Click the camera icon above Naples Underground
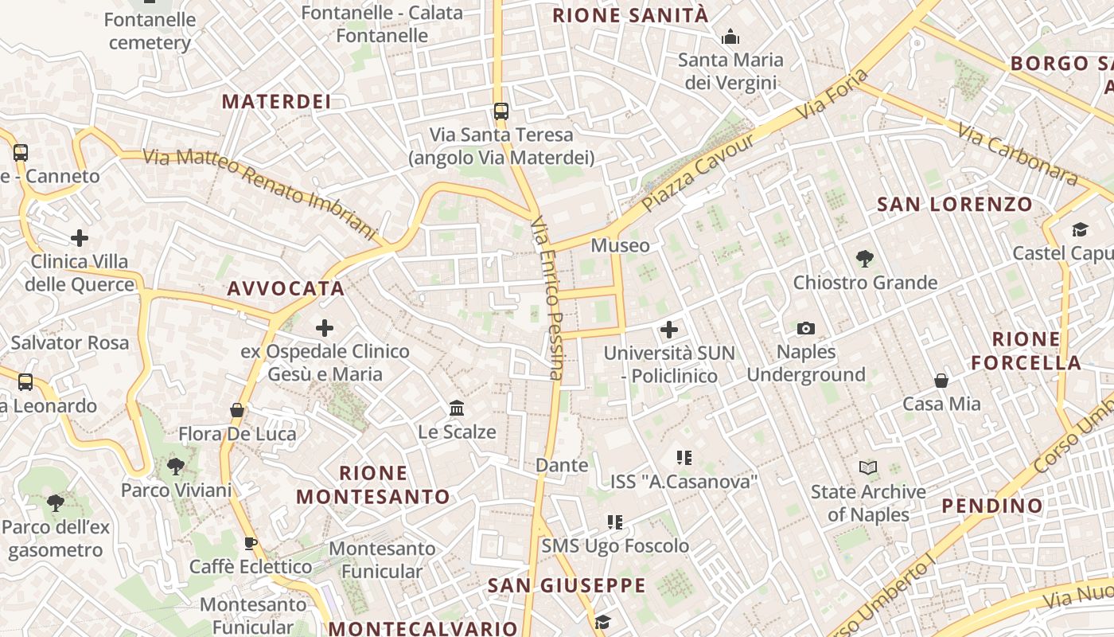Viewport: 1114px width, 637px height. (805, 328)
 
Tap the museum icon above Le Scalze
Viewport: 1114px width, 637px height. (457, 408)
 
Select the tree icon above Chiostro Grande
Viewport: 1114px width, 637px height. (865, 259)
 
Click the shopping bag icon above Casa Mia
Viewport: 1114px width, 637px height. (941, 381)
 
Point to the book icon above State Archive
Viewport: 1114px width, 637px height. (868, 468)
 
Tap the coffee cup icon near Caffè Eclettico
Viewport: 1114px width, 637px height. (250, 544)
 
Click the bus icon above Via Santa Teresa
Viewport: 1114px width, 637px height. (501, 111)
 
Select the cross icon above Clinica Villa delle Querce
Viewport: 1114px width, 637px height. (80, 237)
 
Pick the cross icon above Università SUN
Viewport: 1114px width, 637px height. (669, 329)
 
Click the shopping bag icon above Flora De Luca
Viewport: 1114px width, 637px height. (236, 410)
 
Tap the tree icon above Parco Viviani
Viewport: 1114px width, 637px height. (176, 466)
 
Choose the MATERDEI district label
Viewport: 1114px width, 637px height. (276, 101)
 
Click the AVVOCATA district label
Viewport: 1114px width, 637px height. (286, 288)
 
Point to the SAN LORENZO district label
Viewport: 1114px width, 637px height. (954, 204)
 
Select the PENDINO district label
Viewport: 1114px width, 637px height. (991, 506)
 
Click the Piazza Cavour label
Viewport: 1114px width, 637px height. (698, 173)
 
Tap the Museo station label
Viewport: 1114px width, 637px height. (620, 245)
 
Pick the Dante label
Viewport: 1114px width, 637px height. (563, 465)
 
